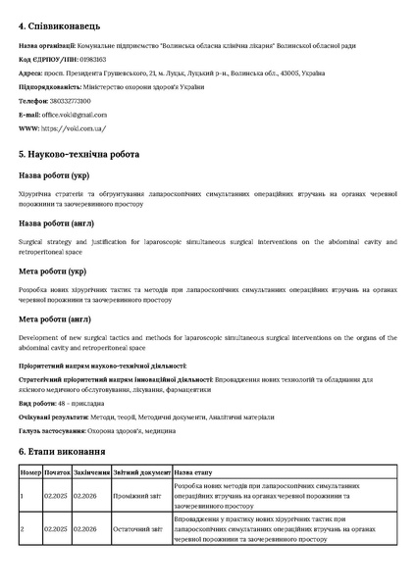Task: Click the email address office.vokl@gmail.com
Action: (74, 115)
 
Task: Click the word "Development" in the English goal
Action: (39, 336)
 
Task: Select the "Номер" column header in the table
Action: (30, 471)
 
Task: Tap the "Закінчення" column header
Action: (91, 471)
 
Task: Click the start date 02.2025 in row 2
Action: (56, 529)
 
